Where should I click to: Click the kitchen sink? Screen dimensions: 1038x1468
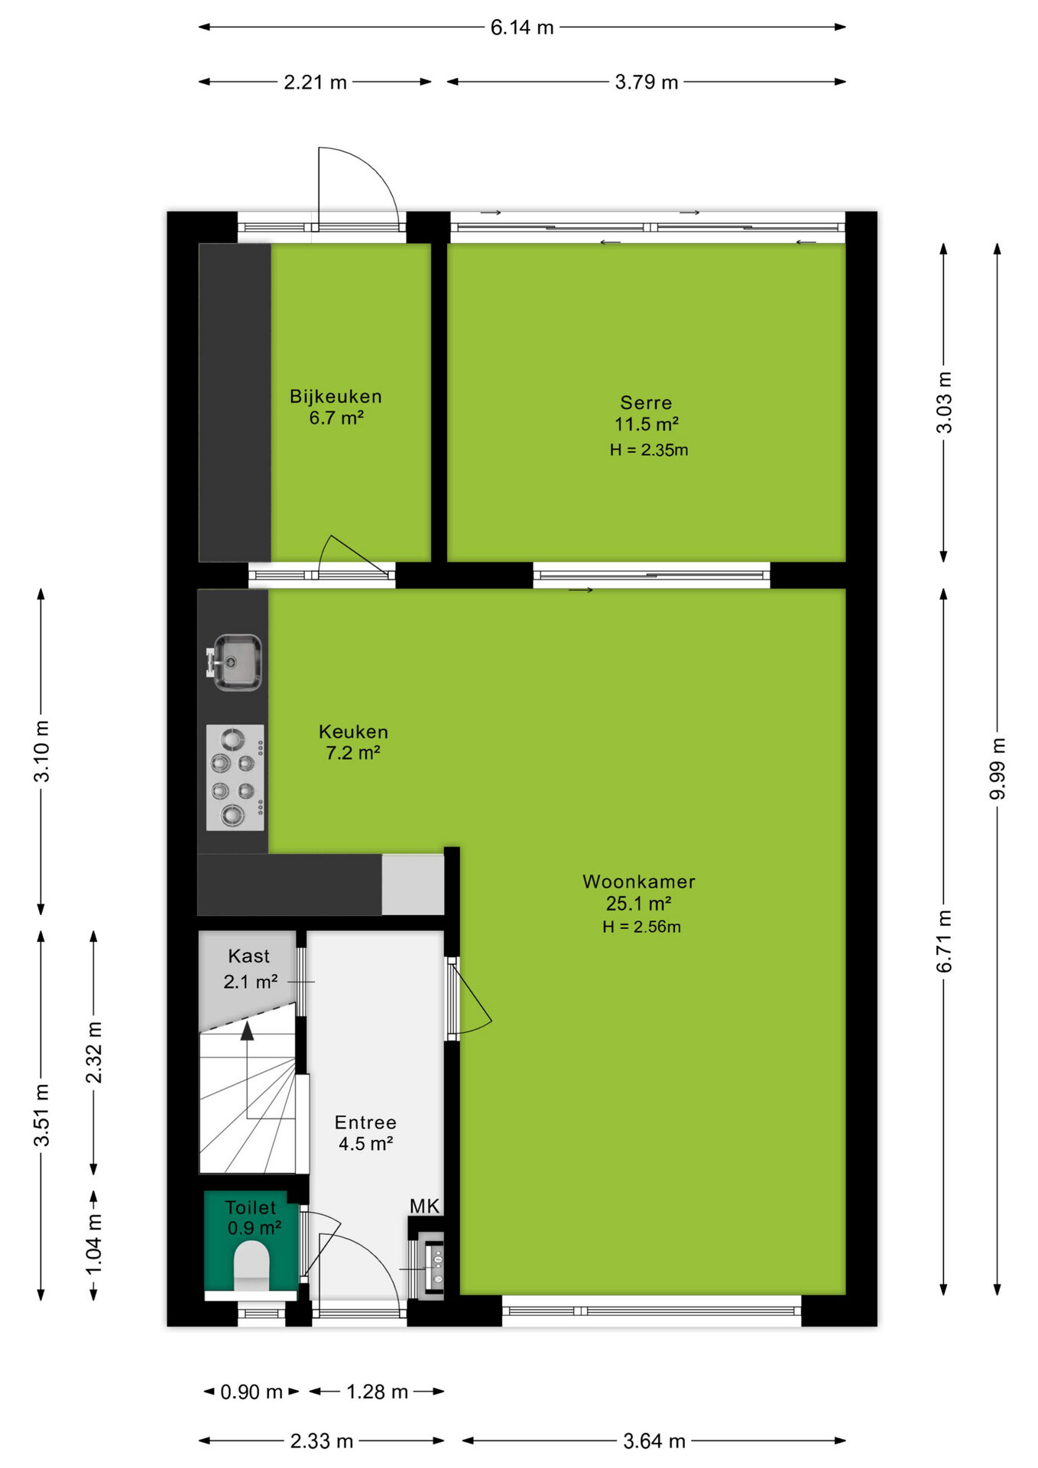[235, 662]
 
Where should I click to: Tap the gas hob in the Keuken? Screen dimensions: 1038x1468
[235, 778]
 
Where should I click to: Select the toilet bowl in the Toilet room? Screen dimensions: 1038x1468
[251, 1266]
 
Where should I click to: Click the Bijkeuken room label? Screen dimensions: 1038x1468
[336, 396]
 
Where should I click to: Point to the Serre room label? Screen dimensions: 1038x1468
[646, 402]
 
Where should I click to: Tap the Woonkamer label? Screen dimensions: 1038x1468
[639, 882]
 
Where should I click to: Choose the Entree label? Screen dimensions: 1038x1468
[365, 1122]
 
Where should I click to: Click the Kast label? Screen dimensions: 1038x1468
[248, 956]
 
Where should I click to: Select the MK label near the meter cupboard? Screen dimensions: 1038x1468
[424, 1206]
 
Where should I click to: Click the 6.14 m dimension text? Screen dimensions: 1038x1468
[522, 28]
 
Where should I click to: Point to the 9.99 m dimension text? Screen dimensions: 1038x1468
[997, 768]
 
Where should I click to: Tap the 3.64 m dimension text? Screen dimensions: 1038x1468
[654, 1441]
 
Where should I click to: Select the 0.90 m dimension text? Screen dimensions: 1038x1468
[251, 1392]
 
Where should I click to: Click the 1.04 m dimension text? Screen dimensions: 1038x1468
[93, 1244]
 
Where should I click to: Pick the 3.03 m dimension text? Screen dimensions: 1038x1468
[945, 402]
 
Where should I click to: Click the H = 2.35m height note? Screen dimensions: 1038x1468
[649, 450]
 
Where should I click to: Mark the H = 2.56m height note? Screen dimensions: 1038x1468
[641, 927]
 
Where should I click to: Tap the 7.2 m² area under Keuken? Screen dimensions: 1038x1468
[353, 752]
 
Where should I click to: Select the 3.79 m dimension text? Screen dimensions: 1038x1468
[647, 82]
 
